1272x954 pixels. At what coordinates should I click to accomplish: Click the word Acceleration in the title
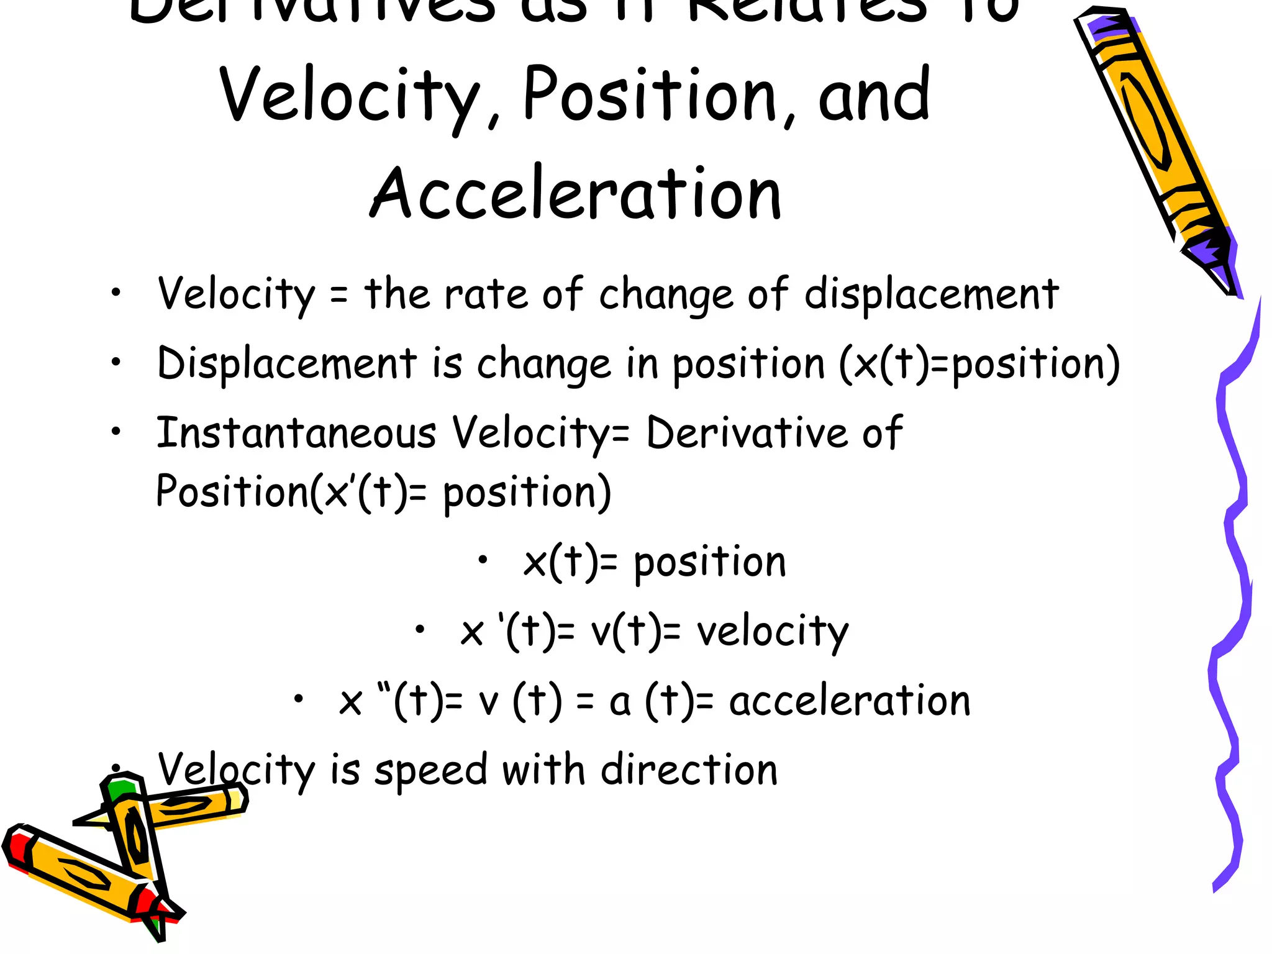pos(575,194)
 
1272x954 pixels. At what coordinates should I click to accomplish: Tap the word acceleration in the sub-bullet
pos(849,701)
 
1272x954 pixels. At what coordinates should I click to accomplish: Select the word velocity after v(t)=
pos(772,632)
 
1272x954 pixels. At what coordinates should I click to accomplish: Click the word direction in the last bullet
pos(689,770)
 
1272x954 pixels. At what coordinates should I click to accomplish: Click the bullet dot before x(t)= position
pos(483,560)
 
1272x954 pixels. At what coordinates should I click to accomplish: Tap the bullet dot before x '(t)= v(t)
pos(420,630)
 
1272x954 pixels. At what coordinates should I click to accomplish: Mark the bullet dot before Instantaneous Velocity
pos(116,430)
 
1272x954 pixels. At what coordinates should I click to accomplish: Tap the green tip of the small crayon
pos(119,789)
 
